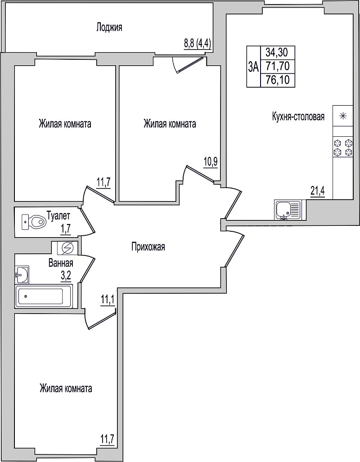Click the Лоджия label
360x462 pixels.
click(x=109, y=28)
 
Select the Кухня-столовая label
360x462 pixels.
click(x=298, y=117)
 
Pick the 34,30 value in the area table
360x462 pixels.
click(x=276, y=53)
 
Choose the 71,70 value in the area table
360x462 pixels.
click(x=276, y=67)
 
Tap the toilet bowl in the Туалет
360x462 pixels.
click(x=34, y=222)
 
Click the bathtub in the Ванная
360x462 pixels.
click(x=44, y=296)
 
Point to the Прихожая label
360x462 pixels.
click(x=148, y=247)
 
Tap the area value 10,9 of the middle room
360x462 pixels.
click(x=211, y=163)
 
